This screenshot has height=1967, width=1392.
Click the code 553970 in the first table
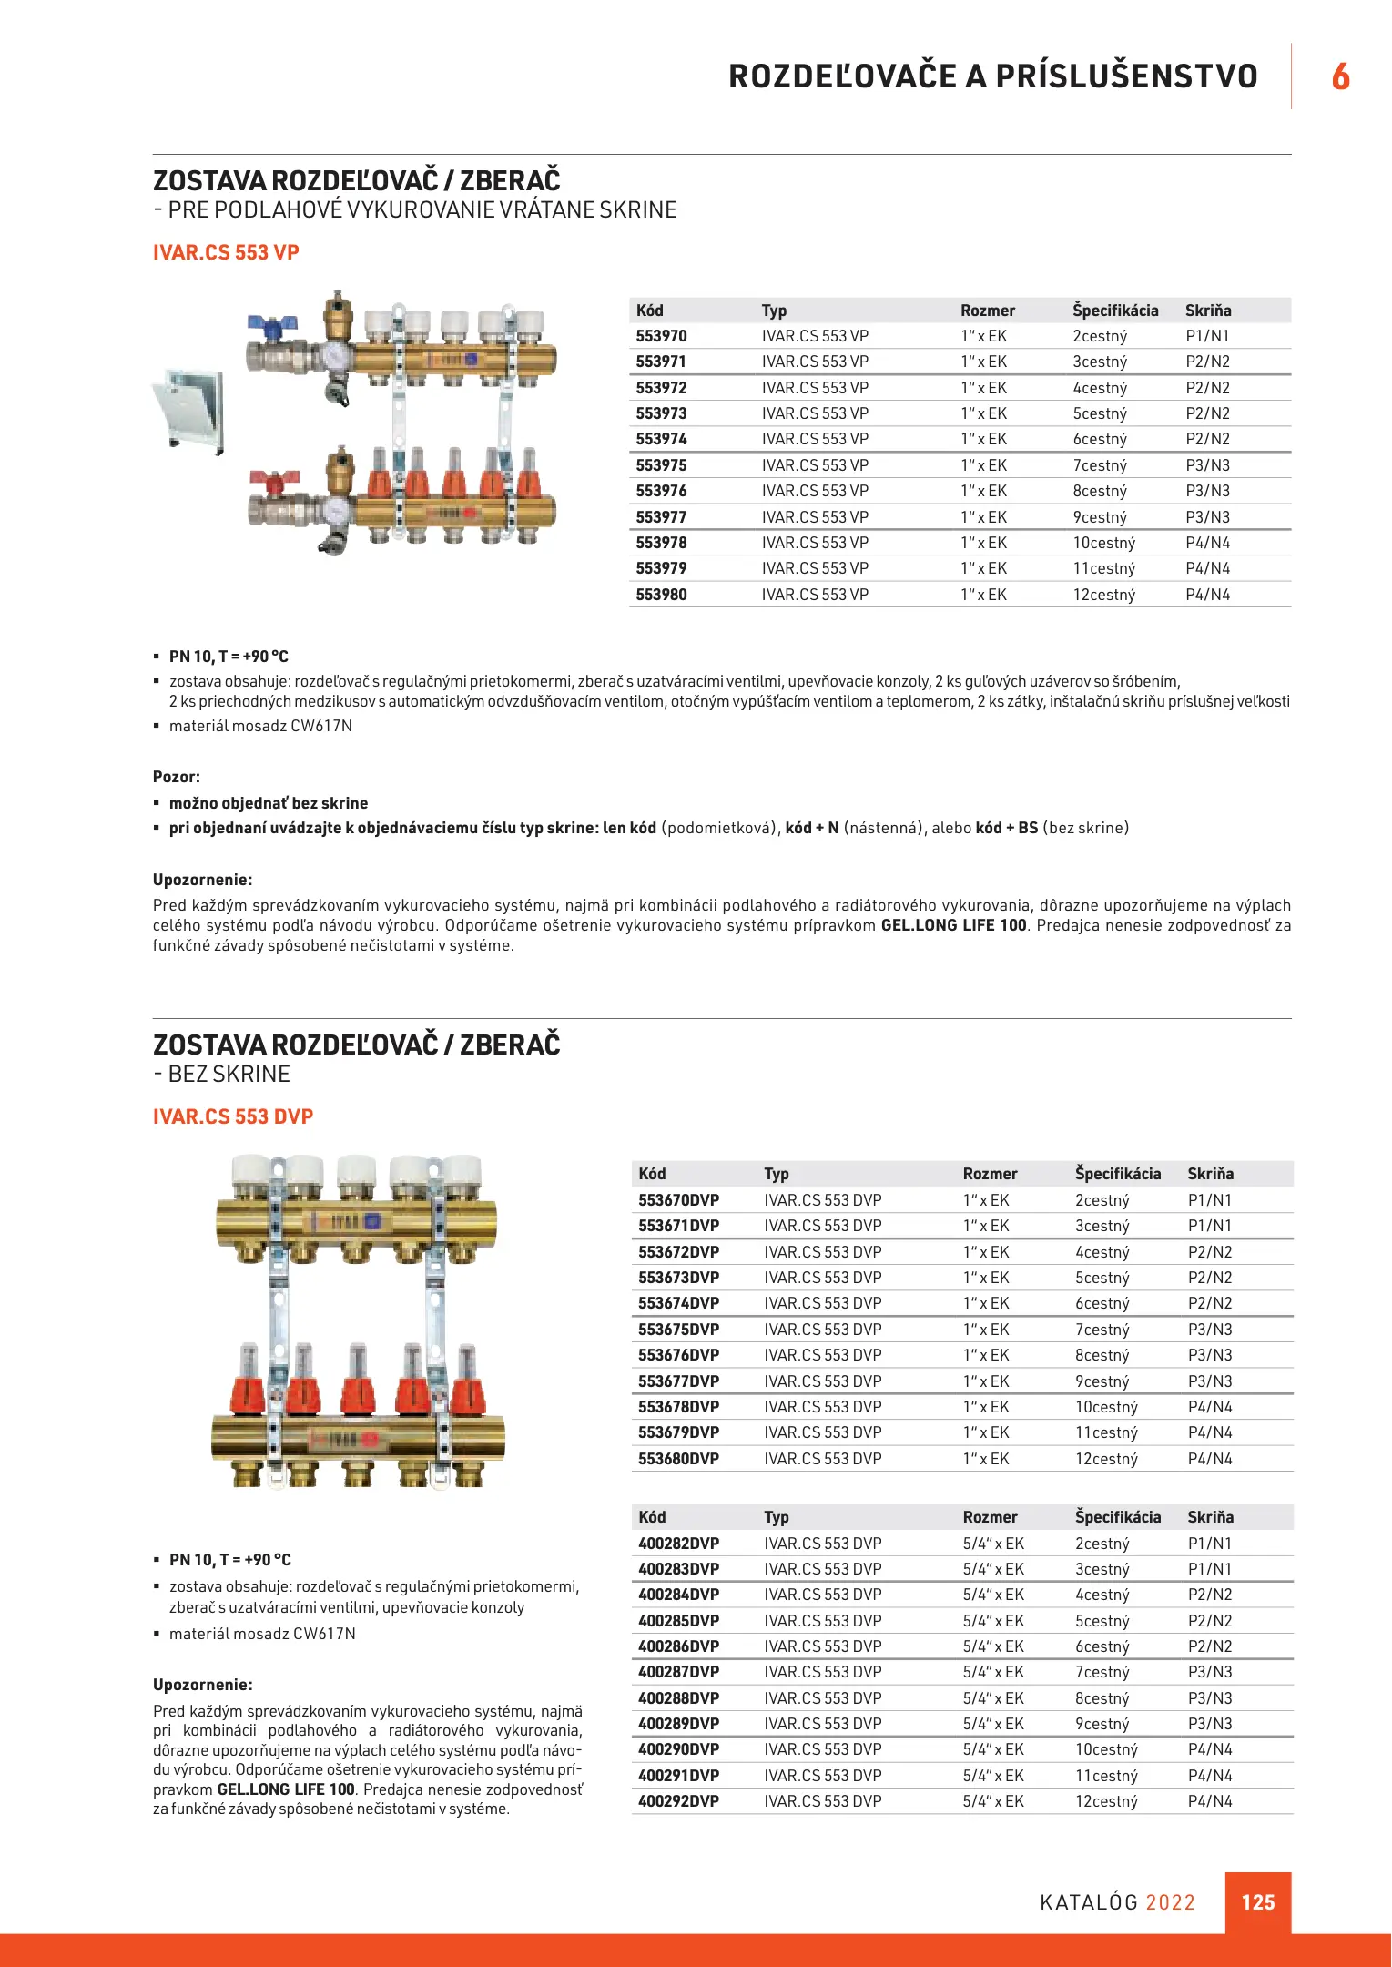661,336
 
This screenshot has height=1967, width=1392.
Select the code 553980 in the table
661,595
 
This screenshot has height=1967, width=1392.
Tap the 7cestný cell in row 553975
1100,465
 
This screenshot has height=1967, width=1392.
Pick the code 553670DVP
678,1200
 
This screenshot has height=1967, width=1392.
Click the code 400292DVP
678,1801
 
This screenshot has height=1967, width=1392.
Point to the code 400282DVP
678,1544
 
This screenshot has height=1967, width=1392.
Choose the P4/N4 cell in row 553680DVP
1209,1459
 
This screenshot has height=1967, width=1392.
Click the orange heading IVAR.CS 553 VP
226,252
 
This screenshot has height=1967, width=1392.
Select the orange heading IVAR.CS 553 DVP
233,1116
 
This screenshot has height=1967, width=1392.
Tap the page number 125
1257,1902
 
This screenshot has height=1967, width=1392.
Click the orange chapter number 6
1340,76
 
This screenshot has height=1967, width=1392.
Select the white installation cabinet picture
190,410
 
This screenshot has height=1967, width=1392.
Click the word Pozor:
177,777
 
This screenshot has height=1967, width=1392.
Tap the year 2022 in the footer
1170,1902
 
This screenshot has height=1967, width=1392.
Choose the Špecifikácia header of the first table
1115,311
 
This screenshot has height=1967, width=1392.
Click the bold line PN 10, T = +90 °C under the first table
229,657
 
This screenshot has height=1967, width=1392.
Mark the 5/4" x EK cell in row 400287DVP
993,1672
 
